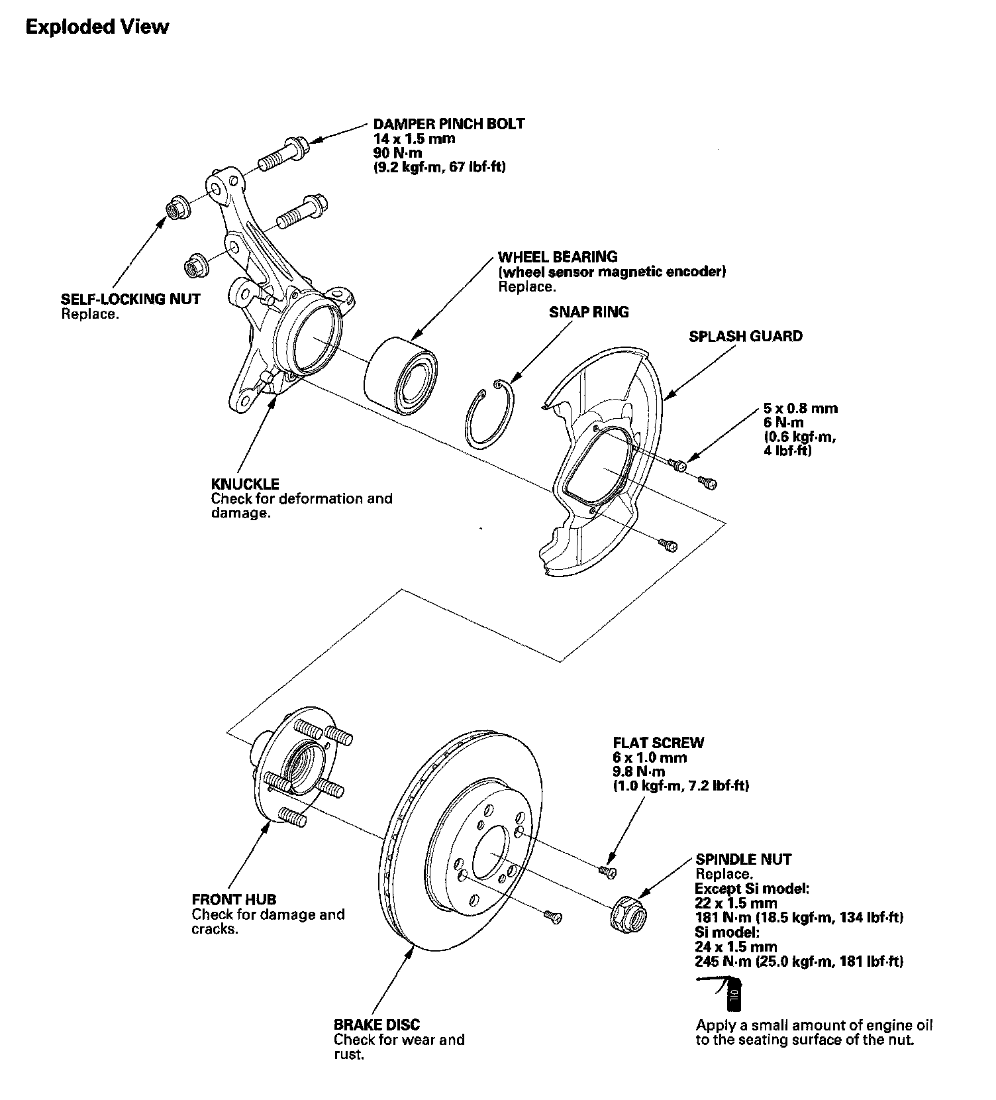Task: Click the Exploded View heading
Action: pos(97,27)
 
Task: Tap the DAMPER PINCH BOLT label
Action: pos(448,124)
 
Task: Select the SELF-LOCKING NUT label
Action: pos(130,299)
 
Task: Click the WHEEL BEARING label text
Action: pos(558,256)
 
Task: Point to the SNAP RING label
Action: pos(589,312)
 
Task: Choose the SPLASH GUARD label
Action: pos(745,336)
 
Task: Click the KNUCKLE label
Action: pos(245,484)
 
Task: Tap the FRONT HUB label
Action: pos(234,899)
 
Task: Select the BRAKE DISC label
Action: pos(376,1024)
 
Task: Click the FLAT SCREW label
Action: pos(658,743)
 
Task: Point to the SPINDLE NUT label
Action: pos(743,859)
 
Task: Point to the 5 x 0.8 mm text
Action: pos(800,408)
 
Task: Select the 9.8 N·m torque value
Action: pos(639,772)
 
